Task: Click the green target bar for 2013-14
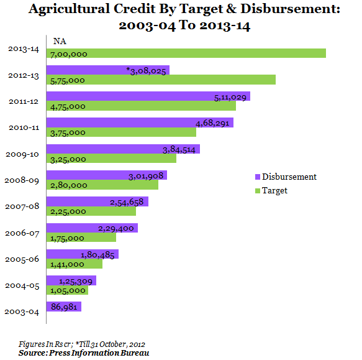click(186, 53)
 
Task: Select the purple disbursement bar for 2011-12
click(148, 96)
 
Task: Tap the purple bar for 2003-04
click(64, 307)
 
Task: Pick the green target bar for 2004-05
click(67, 290)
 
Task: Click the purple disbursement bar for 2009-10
click(123, 149)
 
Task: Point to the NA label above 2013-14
click(60, 41)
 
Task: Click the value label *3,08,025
click(146, 71)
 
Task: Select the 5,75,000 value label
click(68, 80)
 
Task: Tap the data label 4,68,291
click(212, 123)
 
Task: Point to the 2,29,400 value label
click(116, 229)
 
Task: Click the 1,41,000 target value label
click(67, 264)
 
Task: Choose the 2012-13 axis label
click(24, 76)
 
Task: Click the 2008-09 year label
click(22, 180)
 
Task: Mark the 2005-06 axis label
click(22, 259)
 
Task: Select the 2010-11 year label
click(24, 127)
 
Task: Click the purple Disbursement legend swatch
click(258, 177)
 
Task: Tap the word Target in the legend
click(274, 191)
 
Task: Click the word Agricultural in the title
click(69, 9)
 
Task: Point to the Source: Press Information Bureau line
click(84, 353)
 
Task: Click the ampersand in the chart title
click(232, 9)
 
